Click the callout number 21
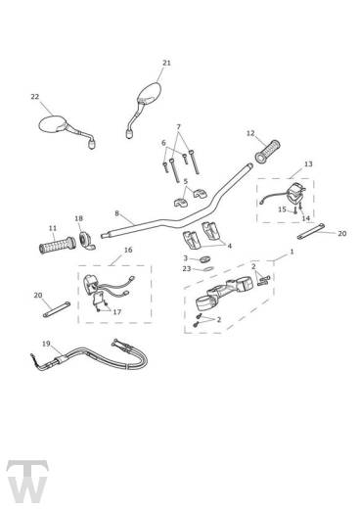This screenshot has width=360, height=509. click(x=166, y=63)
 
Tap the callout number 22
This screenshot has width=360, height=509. click(x=35, y=97)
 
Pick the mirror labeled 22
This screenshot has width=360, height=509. click(x=67, y=131)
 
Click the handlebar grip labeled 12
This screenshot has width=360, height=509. click(x=267, y=152)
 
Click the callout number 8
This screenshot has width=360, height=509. click(x=116, y=213)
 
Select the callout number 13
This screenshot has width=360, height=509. click(x=308, y=163)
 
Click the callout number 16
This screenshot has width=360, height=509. click(x=128, y=250)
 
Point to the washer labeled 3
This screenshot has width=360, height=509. click(x=205, y=259)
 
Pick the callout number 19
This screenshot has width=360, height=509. click(x=46, y=344)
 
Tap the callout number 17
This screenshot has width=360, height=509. click(x=116, y=312)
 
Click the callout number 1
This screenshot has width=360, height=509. click(x=292, y=252)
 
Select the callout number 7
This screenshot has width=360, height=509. click(x=178, y=126)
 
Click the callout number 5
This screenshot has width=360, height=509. click(x=186, y=181)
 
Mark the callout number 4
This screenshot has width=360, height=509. click(x=229, y=246)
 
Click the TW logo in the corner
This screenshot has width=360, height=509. click(x=27, y=482)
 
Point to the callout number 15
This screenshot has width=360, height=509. click(x=282, y=209)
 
